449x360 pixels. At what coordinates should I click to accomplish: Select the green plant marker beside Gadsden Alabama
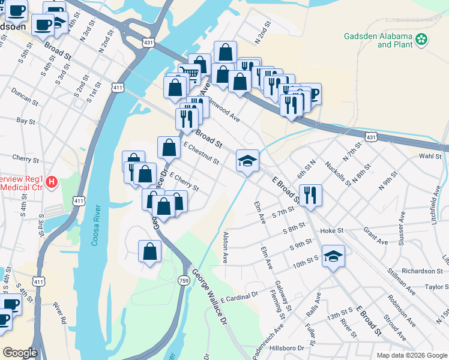(423, 40)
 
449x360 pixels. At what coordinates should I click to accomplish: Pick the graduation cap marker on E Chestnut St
(247, 161)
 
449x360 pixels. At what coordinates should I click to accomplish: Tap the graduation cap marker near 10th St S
(333, 257)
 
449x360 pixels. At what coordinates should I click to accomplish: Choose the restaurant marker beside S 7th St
(310, 195)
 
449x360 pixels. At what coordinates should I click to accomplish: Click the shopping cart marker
(190, 74)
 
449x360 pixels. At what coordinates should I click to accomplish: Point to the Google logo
(20, 353)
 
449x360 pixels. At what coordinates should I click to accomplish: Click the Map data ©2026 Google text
(411, 355)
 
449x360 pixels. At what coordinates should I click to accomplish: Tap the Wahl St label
(430, 156)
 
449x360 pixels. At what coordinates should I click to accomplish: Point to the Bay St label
(26, 121)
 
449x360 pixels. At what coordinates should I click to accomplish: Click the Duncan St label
(25, 95)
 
